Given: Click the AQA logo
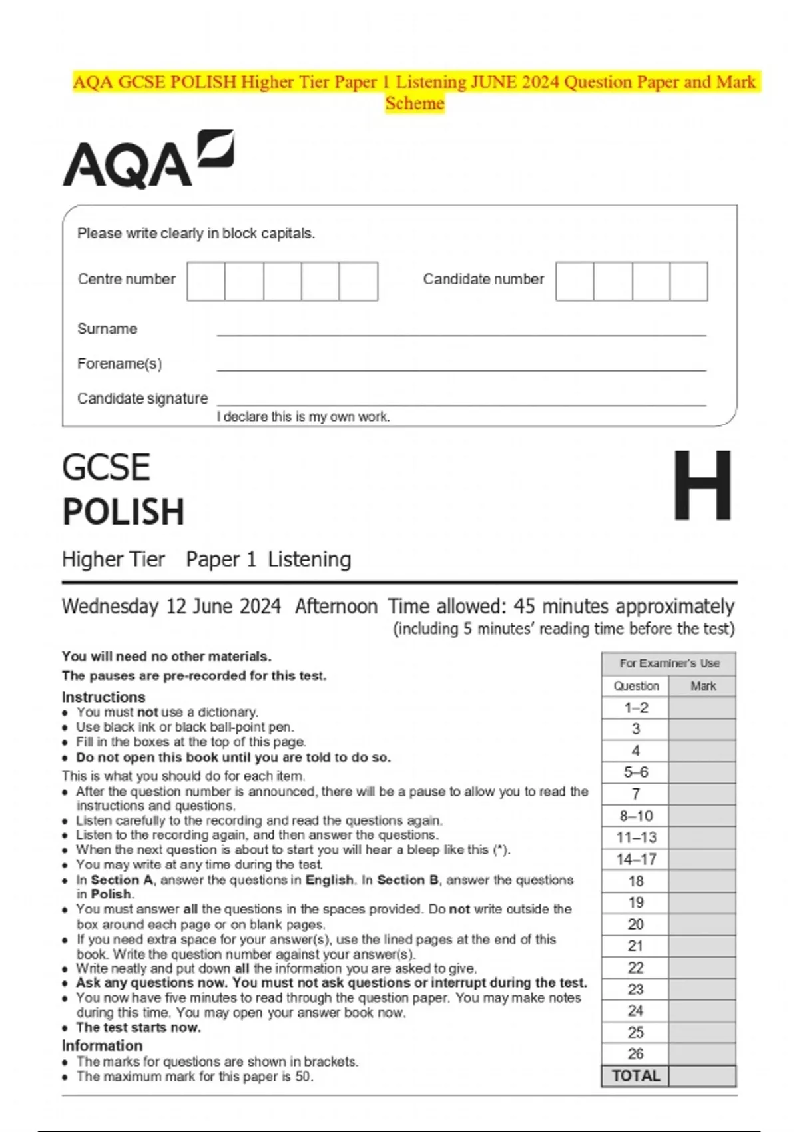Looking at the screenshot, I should pos(148,160).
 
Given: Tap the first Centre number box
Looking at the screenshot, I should pos(206,281).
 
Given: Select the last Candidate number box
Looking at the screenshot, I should pos(688,281).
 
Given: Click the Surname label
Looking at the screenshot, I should pos(107,329).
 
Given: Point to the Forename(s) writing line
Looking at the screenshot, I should pos(461,369).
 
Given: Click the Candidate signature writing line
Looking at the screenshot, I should pos(461,404).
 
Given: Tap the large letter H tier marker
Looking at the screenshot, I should pos(702,485).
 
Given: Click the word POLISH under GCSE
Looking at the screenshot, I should pos(123,512).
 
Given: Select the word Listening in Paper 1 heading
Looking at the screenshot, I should pos(309,559).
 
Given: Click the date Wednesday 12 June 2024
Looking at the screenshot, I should pos(171,607).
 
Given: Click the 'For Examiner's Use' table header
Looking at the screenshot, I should pos(668,663).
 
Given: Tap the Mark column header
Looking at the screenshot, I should pos(702,686).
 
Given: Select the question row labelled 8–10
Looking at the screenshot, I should pos(636,816).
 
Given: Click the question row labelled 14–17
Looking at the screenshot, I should pos(636,860).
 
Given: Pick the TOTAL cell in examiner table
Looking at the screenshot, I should pos(636,1076).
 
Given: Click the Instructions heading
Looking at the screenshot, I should pos(103,697).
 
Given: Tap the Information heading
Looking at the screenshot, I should pos(102,1045).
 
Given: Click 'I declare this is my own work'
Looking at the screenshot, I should pos(303,417).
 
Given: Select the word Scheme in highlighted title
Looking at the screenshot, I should pos(414,104).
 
